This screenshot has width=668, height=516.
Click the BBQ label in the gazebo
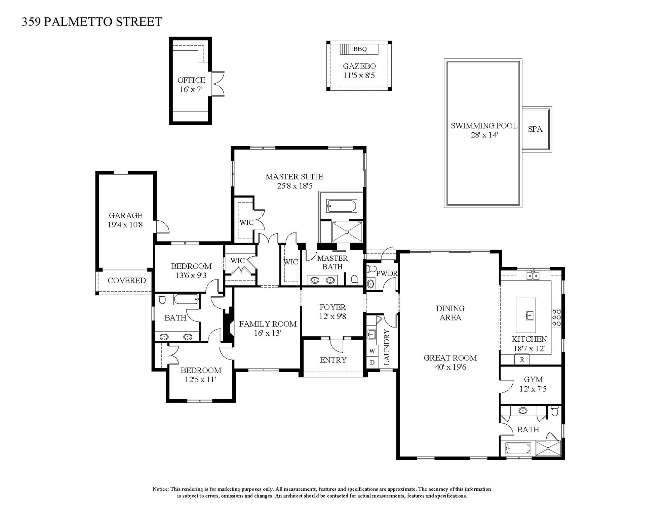[360, 49]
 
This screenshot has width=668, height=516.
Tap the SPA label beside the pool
[535, 129]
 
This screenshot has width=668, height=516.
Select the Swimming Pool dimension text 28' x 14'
[484, 135]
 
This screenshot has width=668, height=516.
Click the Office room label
[191, 80]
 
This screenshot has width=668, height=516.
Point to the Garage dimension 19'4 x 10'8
[125, 225]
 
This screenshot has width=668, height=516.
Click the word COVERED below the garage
[126, 281]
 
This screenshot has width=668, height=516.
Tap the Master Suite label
[294, 177]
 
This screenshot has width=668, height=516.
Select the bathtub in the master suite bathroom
[341, 206]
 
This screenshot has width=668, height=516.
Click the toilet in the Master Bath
[354, 279]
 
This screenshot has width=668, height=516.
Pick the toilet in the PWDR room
[371, 269]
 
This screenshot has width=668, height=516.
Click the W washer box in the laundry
[372, 351]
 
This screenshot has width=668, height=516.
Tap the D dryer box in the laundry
[372, 362]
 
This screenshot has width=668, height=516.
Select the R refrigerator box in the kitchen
[522, 359]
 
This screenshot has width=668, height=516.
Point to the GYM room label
[533, 380]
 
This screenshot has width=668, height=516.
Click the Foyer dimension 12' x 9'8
[332, 316]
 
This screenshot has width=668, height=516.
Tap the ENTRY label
[333, 360]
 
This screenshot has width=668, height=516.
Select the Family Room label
[268, 324]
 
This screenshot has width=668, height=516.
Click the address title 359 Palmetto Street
[92, 22]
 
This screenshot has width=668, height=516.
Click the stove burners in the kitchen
[556, 318]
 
